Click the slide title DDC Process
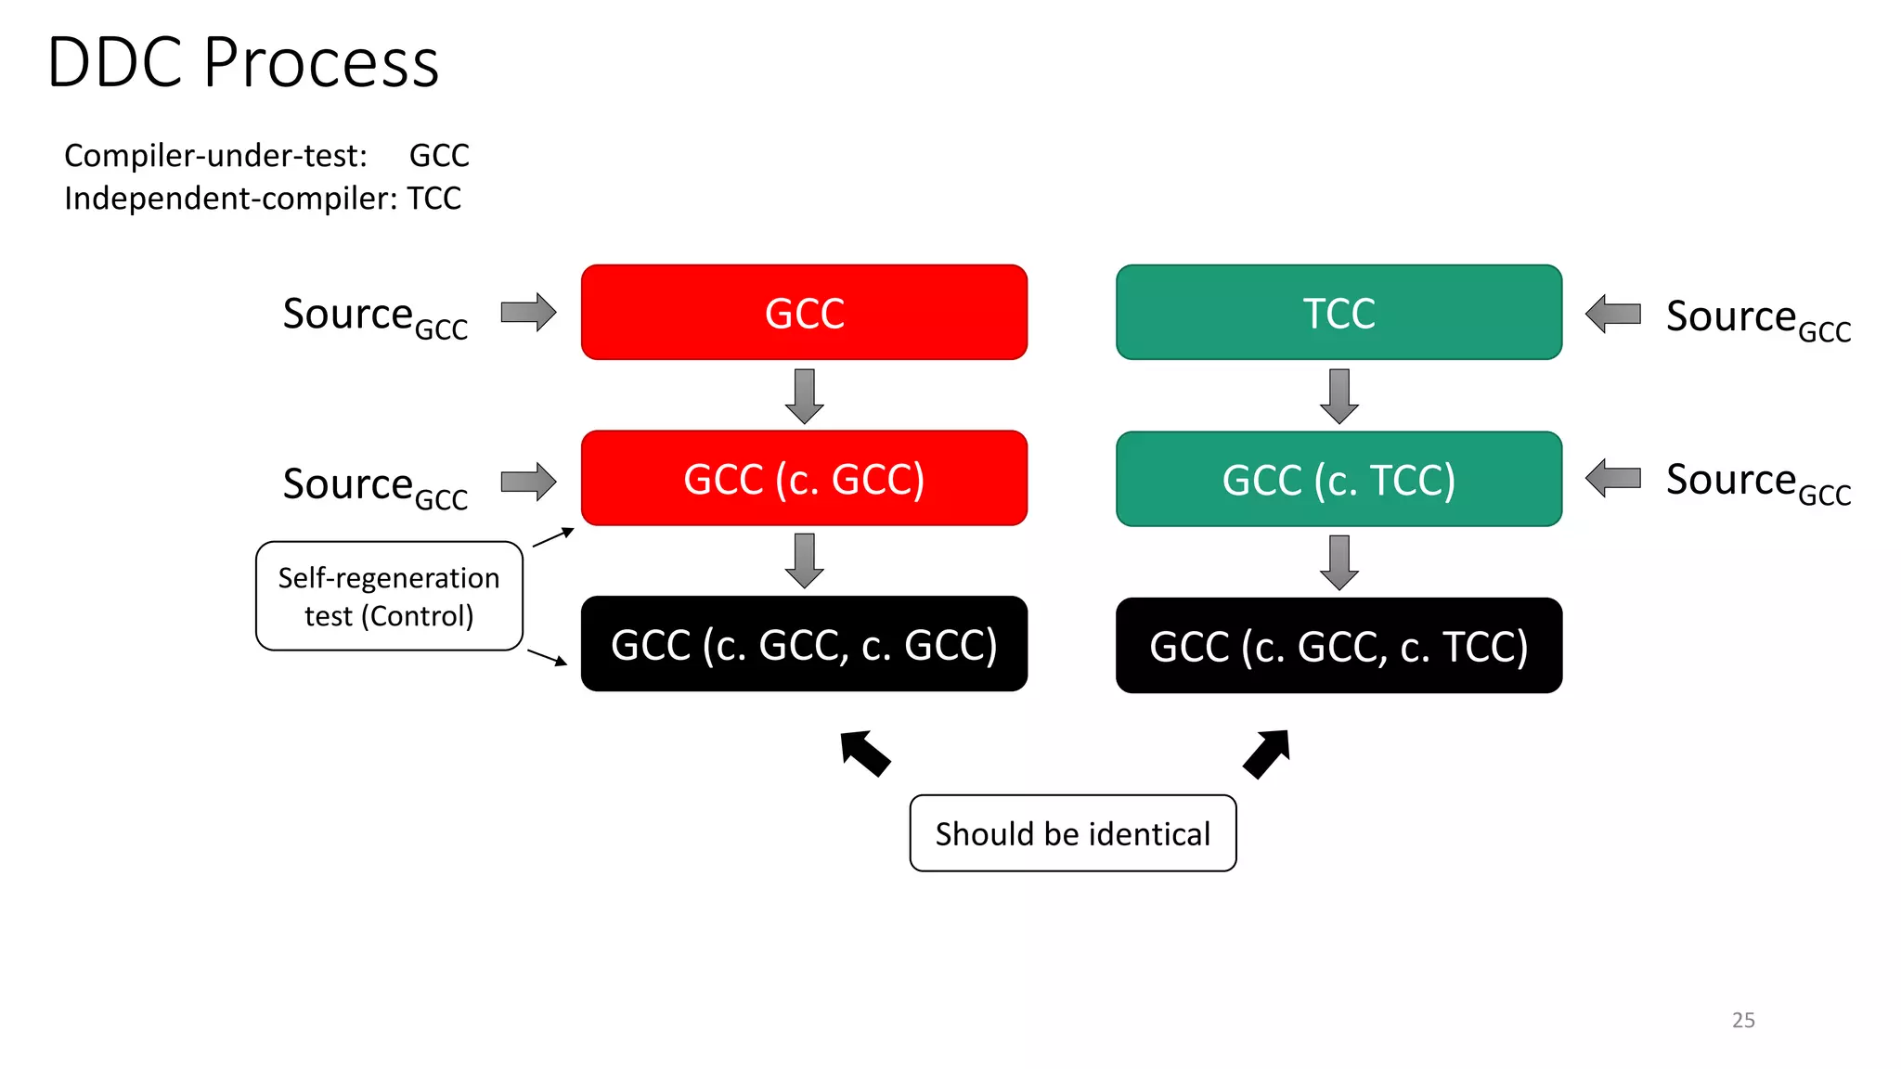(x=243, y=63)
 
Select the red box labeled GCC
(x=804, y=313)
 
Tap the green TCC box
(x=1338, y=313)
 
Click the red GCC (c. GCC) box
(x=804, y=479)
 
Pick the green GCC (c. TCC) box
(x=1338, y=480)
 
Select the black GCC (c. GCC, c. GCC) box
(x=804, y=644)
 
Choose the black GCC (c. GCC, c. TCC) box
(x=1338, y=646)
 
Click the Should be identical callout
(x=1072, y=833)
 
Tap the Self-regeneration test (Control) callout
(x=389, y=597)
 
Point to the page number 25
(x=1743, y=1020)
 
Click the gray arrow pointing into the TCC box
(x=1613, y=314)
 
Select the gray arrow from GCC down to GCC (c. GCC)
(x=805, y=395)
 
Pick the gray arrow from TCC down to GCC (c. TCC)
(x=1338, y=395)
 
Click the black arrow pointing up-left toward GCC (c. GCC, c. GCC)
(x=864, y=753)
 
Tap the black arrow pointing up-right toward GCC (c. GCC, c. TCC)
(x=1267, y=753)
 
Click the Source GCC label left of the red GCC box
(x=375, y=316)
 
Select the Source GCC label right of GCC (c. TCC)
(x=1757, y=483)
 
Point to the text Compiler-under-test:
(x=215, y=156)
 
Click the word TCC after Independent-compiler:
(x=433, y=199)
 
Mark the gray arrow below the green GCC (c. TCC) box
(x=1338, y=561)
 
